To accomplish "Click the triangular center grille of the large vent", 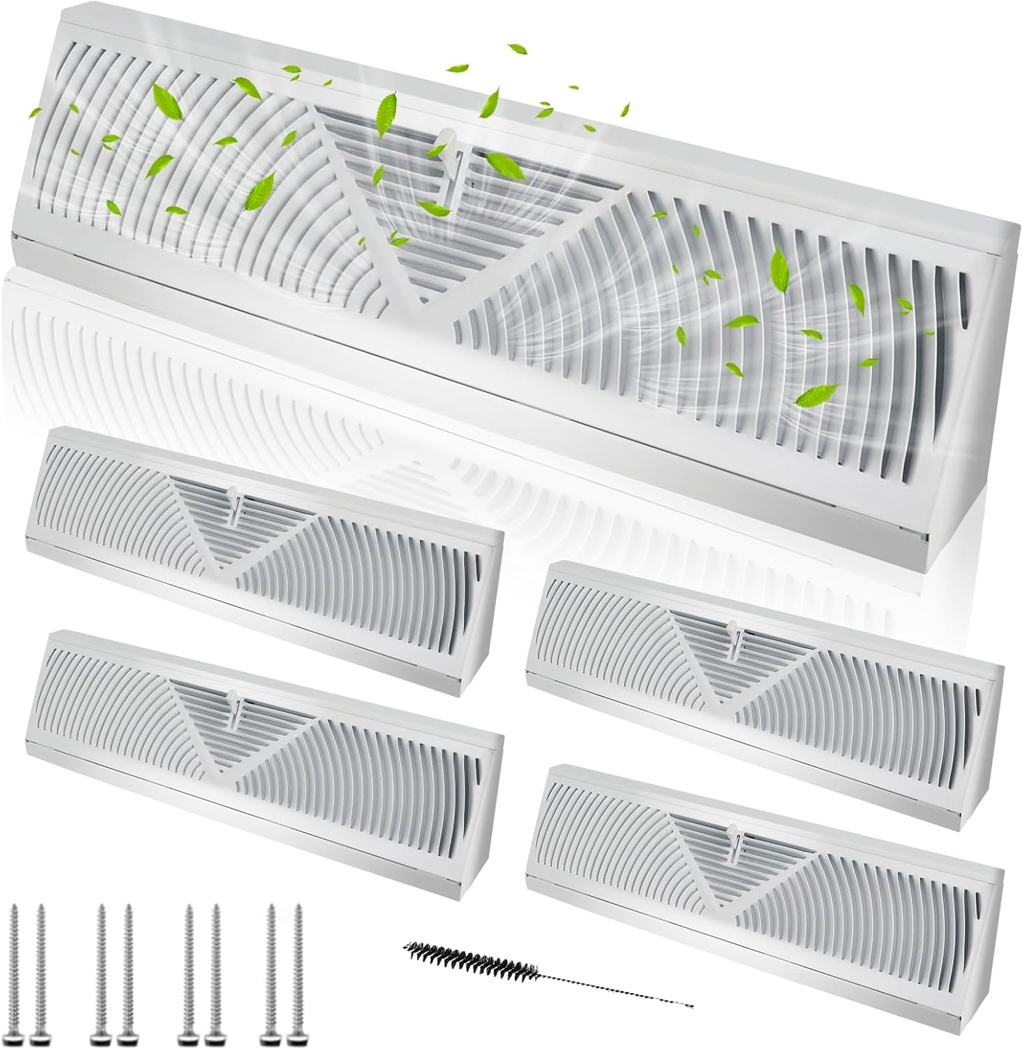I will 448,210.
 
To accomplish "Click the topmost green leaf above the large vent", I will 517,50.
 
